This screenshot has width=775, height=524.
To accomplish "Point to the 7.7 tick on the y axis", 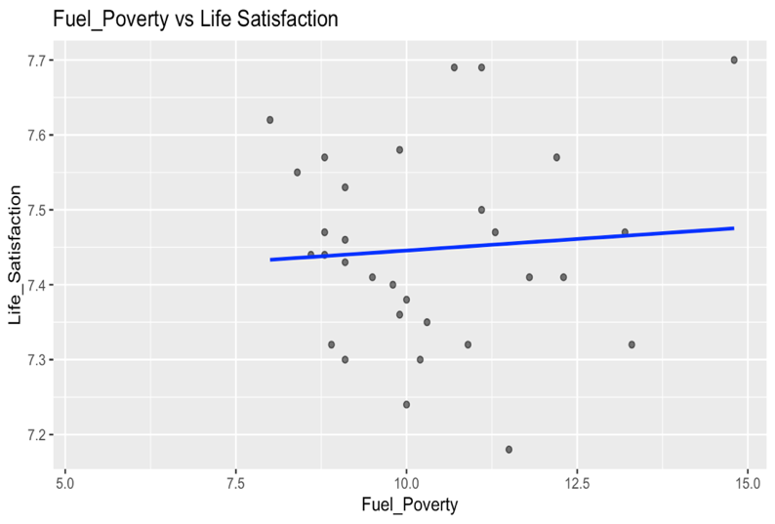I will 36,60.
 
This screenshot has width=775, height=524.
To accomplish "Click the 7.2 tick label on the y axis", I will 36,435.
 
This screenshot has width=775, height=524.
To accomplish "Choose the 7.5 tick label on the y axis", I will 36,211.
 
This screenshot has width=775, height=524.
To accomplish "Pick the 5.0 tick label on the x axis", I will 64,482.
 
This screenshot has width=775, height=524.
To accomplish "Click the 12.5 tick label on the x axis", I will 577,482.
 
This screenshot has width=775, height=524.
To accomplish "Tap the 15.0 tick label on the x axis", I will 748,482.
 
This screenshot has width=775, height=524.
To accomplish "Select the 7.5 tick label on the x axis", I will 235,482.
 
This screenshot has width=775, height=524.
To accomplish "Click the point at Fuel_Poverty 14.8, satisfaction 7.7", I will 734,60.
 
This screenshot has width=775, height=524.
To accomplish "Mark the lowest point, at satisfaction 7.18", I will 509,450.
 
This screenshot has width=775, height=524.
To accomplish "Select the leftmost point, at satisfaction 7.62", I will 269,120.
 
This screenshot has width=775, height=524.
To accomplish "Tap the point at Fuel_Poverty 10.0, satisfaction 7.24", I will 406,405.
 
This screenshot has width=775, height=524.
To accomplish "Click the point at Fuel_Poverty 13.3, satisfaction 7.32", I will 632,344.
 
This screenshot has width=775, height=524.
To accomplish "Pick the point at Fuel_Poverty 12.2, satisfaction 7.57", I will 556,157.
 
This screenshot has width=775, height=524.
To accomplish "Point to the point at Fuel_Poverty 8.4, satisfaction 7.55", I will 297,173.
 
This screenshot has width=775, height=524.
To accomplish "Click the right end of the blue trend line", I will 733,228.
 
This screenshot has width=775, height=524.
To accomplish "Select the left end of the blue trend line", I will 270,260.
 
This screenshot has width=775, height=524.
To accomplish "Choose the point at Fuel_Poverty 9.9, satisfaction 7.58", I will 399,150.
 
